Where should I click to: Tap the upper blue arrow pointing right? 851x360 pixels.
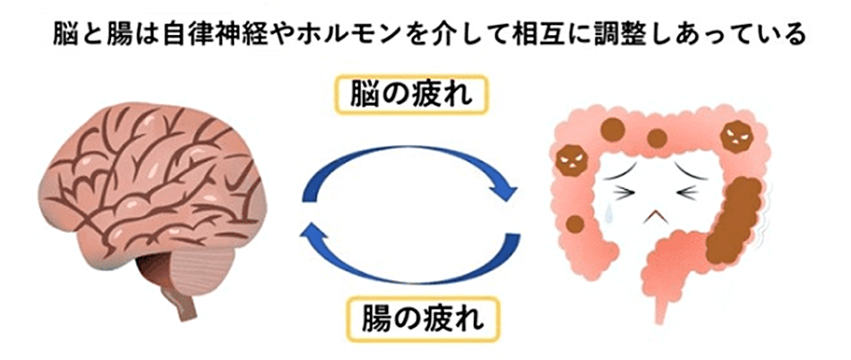click(421, 168)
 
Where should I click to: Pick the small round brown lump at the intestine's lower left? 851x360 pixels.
click(574, 224)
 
